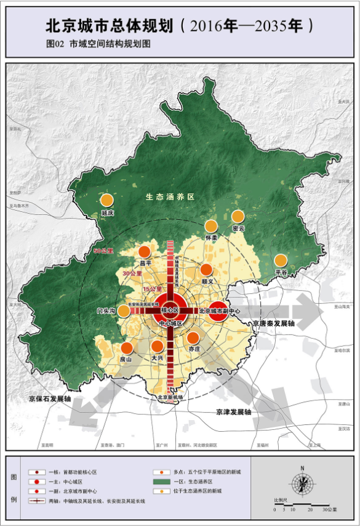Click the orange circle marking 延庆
click(107, 200)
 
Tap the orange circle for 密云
click(238, 216)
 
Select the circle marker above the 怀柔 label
click(211, 225)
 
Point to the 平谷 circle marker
click(281, 260)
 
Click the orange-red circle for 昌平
click(145, 251)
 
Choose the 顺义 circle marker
click(206, 270)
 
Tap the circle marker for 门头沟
click(124, 311)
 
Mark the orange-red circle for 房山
click(127, 347)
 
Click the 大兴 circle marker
click(158, 347)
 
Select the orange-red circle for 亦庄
click(193, 338)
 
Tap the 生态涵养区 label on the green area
click(170, 197)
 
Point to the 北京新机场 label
click(170, 397)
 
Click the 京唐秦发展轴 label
click(273, 323)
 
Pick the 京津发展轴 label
click(234, 411)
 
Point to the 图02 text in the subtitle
click(55, 44)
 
